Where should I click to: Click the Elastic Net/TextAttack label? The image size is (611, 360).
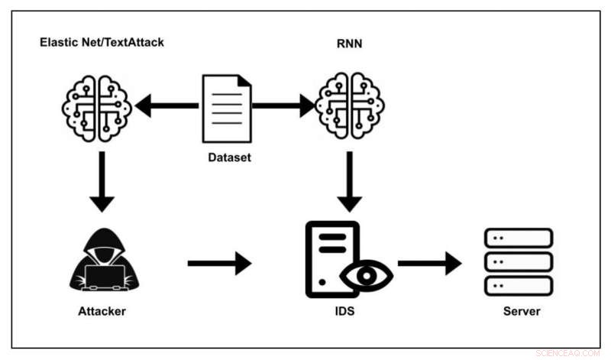click(102, 41)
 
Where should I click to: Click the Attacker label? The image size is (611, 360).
click(101, 311)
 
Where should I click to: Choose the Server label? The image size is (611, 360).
click(521, 311)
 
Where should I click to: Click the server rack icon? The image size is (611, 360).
click(519, 261)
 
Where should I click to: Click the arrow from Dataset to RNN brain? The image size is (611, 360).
click(283, 105)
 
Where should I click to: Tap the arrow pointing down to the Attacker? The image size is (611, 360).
click(101, 183)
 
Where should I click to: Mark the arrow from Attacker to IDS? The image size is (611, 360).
click(219, 264)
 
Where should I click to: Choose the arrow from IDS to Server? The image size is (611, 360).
click(430, 264)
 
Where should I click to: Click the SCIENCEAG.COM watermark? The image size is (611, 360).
click(568, 353)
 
